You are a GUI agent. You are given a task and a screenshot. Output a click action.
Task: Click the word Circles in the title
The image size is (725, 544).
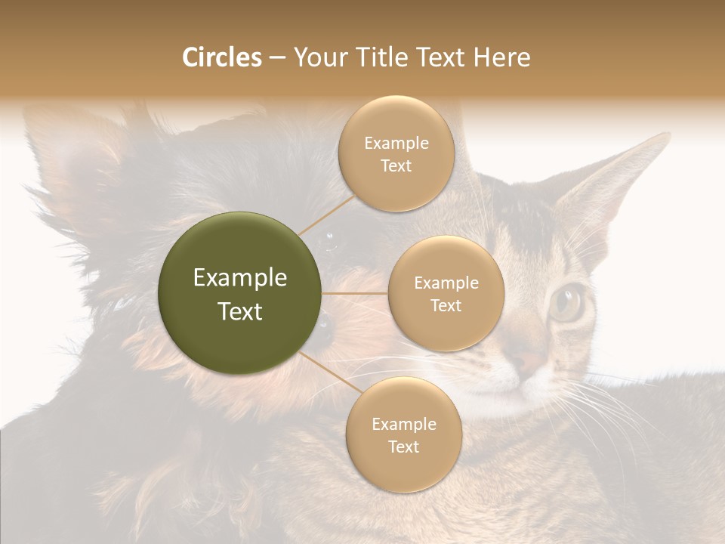click(x=221, y=57)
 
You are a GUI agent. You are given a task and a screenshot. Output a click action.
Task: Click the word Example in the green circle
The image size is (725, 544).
click(x=240, y=278)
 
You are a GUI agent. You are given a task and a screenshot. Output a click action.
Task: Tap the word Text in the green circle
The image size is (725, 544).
click(x=240, y=311)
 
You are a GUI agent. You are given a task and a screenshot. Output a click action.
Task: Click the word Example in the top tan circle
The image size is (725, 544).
click(x=396, y=144)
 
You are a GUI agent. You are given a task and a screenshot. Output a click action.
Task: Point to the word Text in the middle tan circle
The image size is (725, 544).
click(x=446, y=306)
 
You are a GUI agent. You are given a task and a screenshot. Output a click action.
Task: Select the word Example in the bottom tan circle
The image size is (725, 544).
click(x=403, y=425)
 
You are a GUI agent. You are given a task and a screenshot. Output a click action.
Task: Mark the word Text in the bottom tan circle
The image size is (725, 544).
click(x=403, y=447)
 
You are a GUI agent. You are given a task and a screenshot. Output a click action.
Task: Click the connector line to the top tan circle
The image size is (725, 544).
click(x=326, y=215)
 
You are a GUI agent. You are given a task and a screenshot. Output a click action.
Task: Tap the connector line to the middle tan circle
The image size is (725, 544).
click(x=355, y=293)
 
